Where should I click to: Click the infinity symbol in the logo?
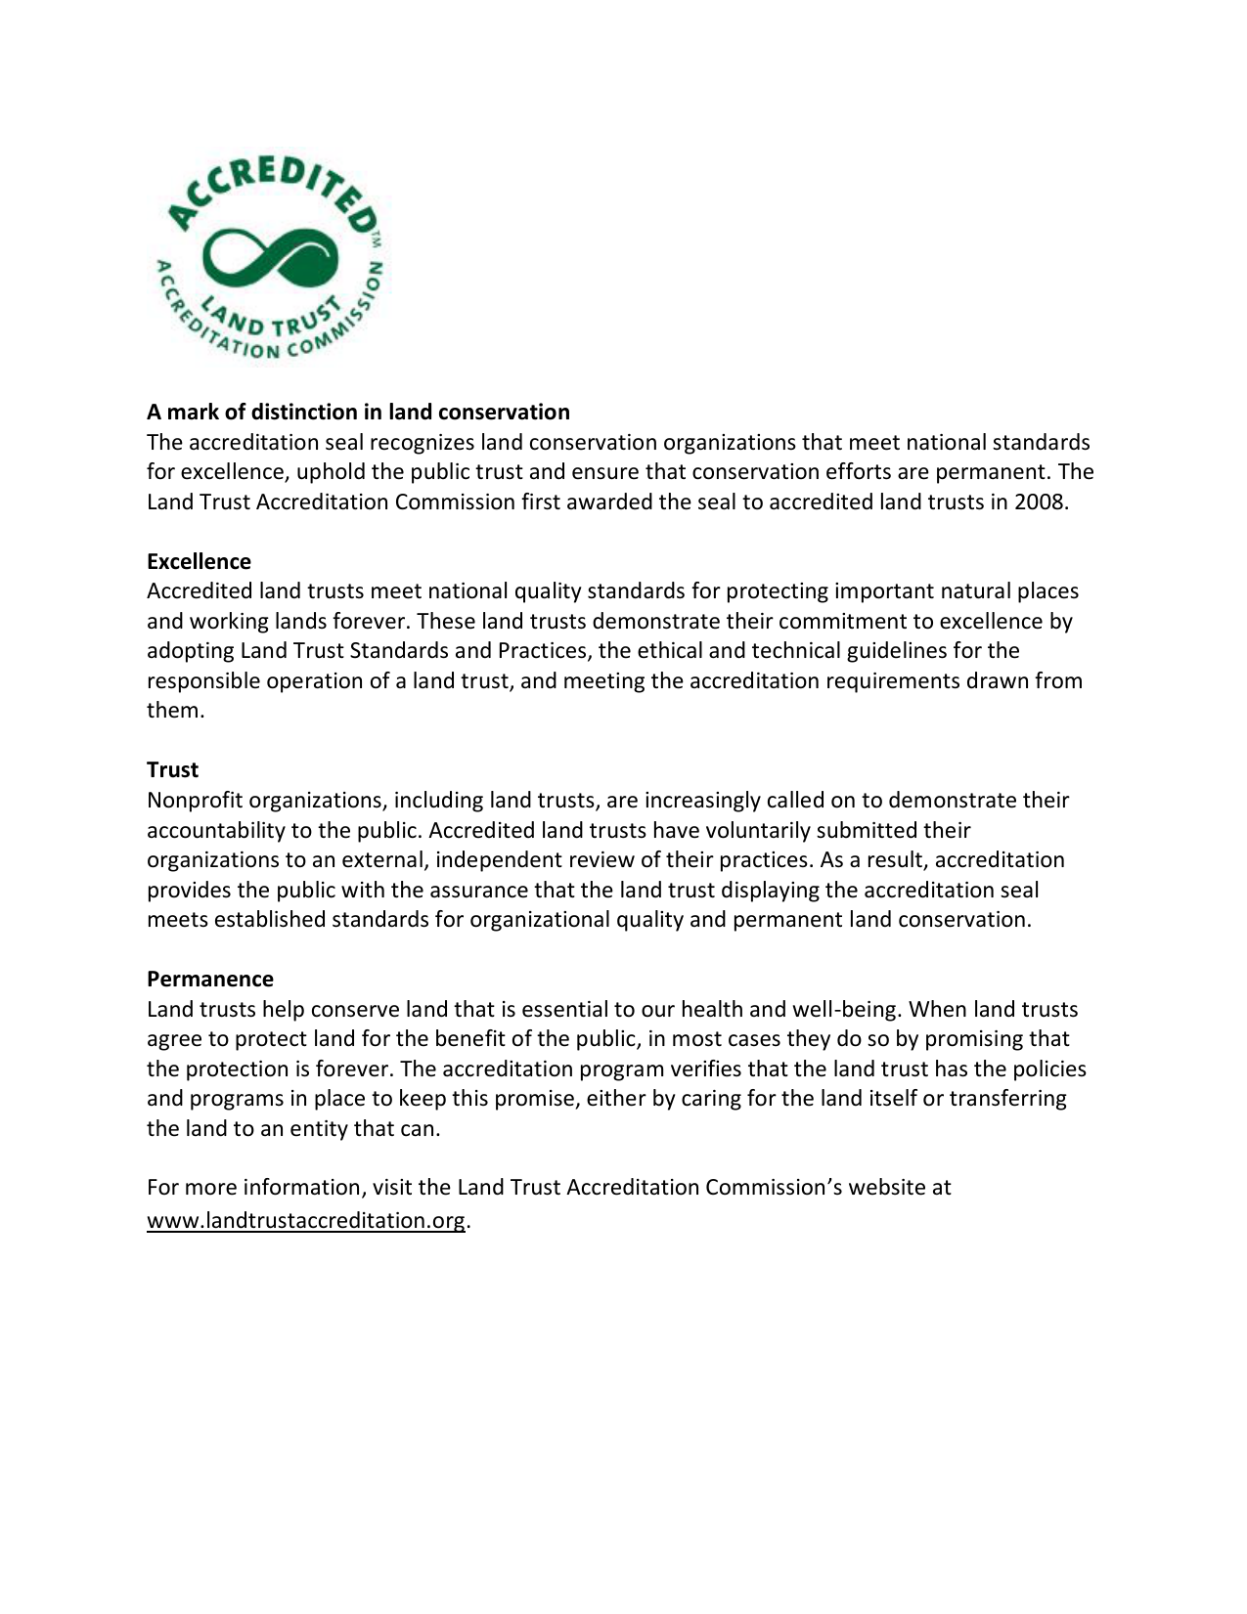coord(268,257)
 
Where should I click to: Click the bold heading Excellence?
coord(199,561)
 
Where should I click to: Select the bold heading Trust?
coord(172,769)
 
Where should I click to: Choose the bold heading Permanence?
coord(210,979)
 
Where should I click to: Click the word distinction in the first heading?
coord(305,412)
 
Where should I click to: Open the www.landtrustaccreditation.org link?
coord(306,1220)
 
